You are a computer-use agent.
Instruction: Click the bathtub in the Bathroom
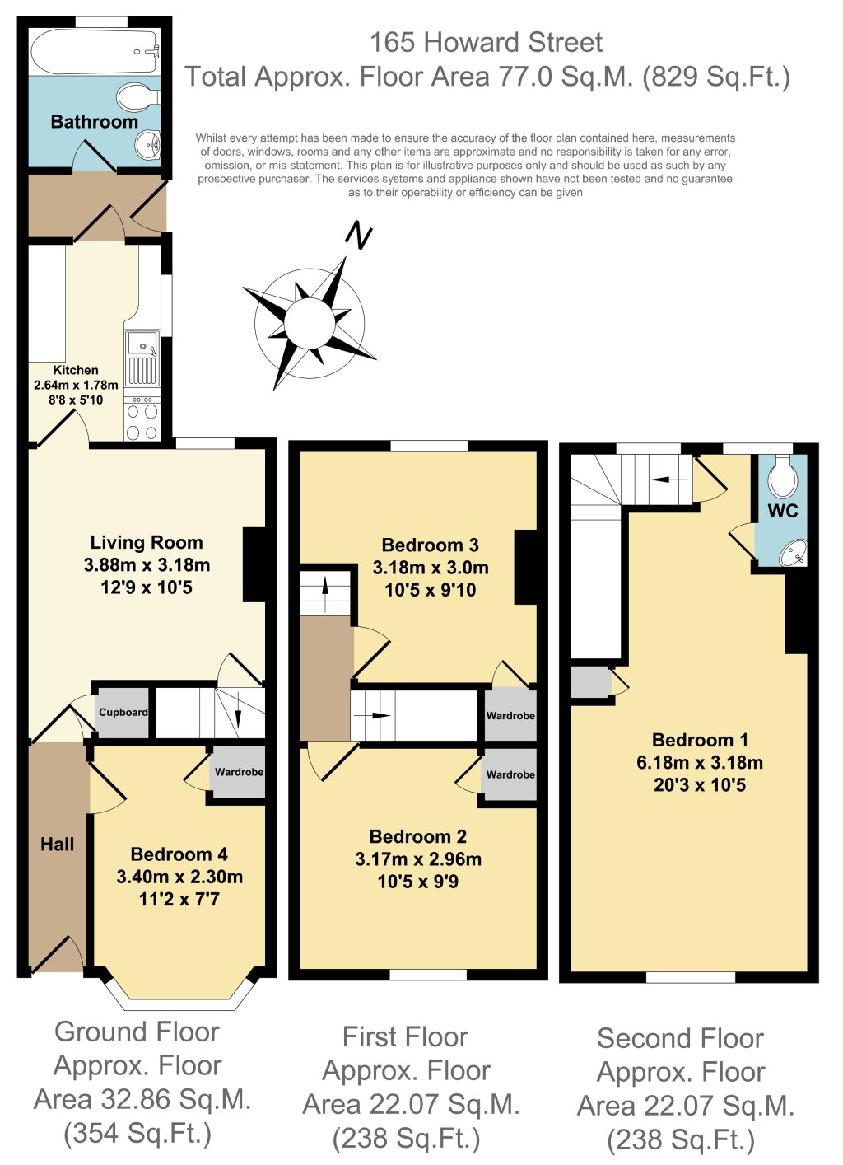coord(94,52)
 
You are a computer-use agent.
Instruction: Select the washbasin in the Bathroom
coord(148,146)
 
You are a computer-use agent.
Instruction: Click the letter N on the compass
coord(357,236)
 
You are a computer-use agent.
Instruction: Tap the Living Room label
coord(147,543)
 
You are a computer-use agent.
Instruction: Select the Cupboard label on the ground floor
coord(123,713)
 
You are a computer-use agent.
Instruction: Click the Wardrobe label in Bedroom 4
coord(239,772)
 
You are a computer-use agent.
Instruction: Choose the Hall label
coord(57,845)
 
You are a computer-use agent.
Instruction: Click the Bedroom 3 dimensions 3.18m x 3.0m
coord(430,568)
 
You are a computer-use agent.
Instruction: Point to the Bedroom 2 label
coord(417,837)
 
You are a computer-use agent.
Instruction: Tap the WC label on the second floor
coord(782,511)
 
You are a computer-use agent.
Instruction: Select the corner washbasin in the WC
coord(794,553)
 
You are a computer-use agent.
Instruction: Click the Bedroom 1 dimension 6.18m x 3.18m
coord(699,763)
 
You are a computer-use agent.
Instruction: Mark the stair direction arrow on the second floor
coord(668,479)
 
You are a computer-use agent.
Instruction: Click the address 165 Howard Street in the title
coord(486,42)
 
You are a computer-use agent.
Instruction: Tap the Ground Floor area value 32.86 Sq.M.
coord(142,1100)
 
